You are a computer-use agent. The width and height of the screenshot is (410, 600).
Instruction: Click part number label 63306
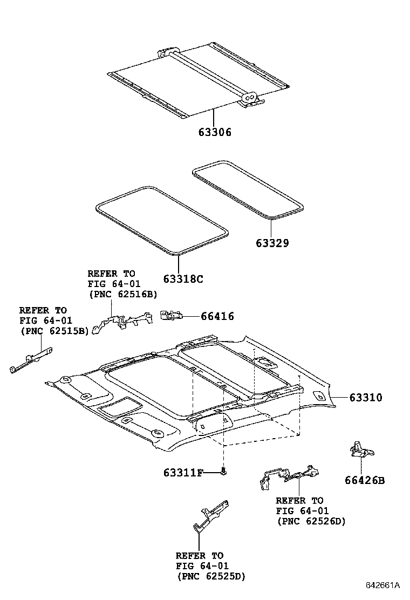point(213,132)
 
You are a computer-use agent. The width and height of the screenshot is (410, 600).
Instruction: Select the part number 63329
point(272,243)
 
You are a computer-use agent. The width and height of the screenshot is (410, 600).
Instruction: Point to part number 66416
point(217,317)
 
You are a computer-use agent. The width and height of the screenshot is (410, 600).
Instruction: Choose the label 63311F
point(183,473)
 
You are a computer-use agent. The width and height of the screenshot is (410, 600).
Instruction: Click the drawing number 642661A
point(382,585)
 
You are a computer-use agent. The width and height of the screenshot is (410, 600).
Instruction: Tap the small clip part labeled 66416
point(171,316)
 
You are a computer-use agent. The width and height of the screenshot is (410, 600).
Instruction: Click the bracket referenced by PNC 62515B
point(31,360)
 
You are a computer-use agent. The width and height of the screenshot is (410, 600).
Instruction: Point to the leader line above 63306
point(213,118)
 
